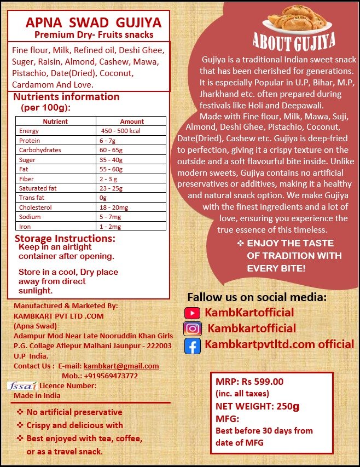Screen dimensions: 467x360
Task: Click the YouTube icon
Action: tap(192, 313)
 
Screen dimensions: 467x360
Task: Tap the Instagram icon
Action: tap(192, 329)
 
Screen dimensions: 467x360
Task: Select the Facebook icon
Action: tap(192, 346)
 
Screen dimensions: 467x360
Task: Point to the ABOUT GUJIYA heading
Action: tap(294, 42)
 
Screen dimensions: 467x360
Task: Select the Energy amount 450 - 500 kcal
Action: tap(121, 131)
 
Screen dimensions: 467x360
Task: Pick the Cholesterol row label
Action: tap(36, 207)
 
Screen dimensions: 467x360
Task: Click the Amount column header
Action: tap(132, 122)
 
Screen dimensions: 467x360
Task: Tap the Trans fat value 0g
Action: tap(103, 198)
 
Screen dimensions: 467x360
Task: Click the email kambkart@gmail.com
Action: tap(121, 366)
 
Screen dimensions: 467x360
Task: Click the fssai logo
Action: tap(22, 385)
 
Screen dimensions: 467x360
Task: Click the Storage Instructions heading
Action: tap(65, 239)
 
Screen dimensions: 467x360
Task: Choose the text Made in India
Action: tap(37, 395)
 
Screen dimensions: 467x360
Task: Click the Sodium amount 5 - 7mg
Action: tap(111, 217)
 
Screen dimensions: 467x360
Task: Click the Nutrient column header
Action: tap(55, 122)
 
